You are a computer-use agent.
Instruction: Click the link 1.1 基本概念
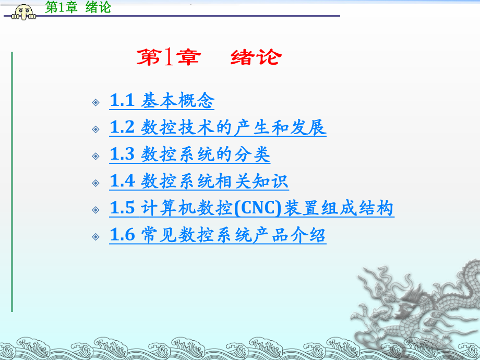[x=162, y=100]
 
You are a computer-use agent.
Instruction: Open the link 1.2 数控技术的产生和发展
[x=218, y=127]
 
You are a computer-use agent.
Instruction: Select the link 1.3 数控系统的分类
[x=190, y=154]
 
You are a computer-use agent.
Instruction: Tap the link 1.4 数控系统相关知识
[x=199, y=181]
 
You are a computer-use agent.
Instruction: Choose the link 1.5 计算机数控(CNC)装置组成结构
[x=251, y=208]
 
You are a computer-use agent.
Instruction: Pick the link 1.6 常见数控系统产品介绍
[x=218, y=235]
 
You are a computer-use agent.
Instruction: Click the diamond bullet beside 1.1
[x=95, y=102]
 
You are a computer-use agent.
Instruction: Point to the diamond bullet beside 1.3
[x=95, y=156]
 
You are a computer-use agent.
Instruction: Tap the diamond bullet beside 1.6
[x=95, y=237]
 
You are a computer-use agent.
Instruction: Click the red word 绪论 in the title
[x=256, y=57]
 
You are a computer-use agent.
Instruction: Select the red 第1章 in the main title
[x=169, y=57]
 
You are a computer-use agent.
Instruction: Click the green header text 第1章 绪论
[x=78, y=7]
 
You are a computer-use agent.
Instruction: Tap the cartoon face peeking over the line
[x=24, y=12]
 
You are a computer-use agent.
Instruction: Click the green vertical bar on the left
[x=12, y=182]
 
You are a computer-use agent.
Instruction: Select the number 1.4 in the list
[x=122, y=181]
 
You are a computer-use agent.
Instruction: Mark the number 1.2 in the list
[x=122, y=127]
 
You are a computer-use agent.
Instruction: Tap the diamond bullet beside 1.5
[x=95, y=210]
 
